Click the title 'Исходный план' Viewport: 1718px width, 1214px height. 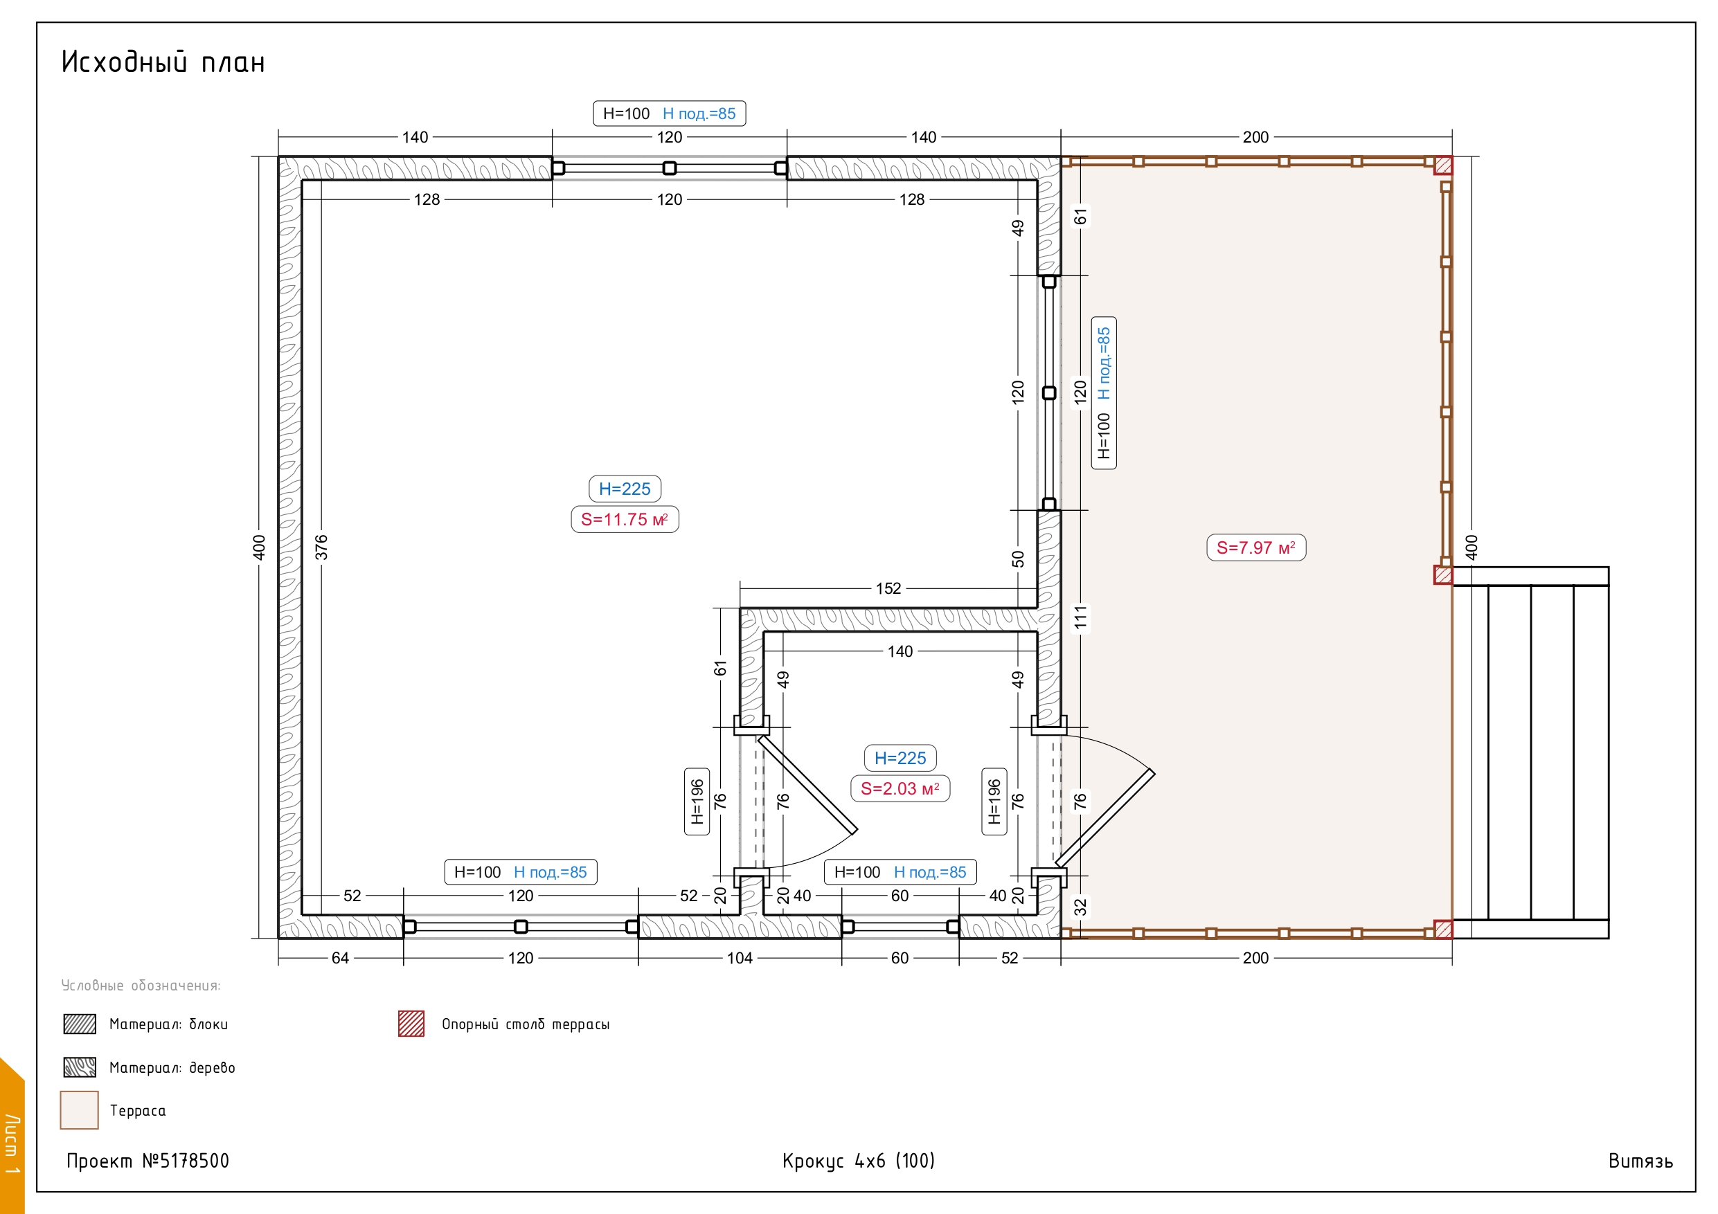pos(163,62)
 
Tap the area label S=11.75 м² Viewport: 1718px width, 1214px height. pos(625,519)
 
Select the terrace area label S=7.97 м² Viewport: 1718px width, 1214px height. pos(1256,547)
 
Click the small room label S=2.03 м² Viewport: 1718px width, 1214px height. pos(900,788)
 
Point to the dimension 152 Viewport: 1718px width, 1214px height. pos(888,589)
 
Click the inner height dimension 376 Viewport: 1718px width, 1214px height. pos(321,547)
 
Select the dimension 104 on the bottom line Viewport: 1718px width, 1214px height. pos(740,958)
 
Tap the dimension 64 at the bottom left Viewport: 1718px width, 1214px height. pos(341,958)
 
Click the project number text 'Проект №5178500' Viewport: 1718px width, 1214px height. pos(148,1161)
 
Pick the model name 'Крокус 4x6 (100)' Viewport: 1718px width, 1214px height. pos(859,1161)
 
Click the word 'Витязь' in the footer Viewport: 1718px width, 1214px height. pos(1641,1161)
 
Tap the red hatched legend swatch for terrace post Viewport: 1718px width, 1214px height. pos(411,1023)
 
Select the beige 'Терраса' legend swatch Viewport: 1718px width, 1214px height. pos(80,1110)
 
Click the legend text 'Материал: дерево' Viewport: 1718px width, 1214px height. pos(172,1067)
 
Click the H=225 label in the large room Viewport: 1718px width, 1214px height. pos(625,489)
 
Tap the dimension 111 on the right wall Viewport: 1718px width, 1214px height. pos(1080,619)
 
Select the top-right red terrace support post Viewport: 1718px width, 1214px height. pos(1443,165)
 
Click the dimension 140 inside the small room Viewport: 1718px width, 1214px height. pos(900,651)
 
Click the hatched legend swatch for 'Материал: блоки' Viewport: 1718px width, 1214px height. pos(80,1024)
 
